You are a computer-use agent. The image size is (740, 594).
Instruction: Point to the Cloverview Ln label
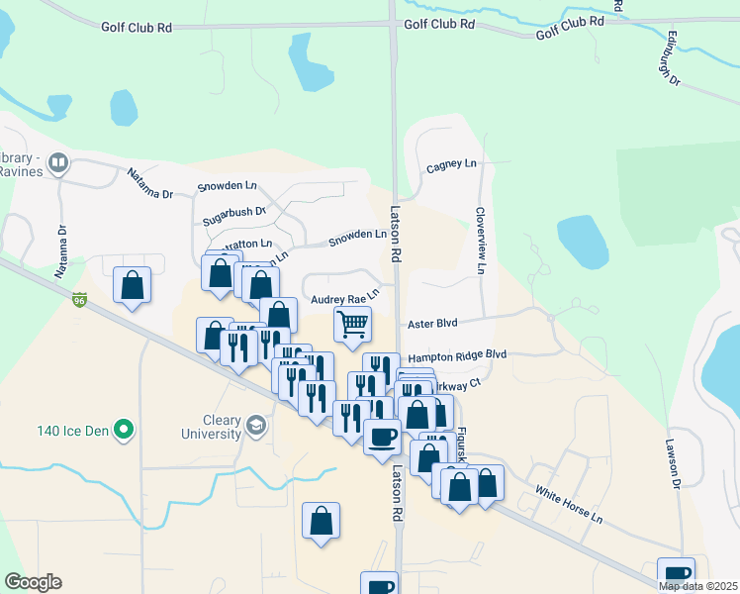point(481,240)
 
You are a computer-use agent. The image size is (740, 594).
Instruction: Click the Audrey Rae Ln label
point(344,297)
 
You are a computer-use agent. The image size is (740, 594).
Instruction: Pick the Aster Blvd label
point(432,324)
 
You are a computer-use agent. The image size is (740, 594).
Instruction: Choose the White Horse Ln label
point(569,504)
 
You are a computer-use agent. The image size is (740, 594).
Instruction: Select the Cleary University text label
point(211,427)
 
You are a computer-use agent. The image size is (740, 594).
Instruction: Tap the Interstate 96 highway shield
point(79,298)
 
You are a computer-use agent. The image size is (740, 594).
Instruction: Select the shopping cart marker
point(352,323)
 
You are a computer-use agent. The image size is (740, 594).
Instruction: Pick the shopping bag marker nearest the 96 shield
point(132,285)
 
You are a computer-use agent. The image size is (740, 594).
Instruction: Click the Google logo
point(34,581)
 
